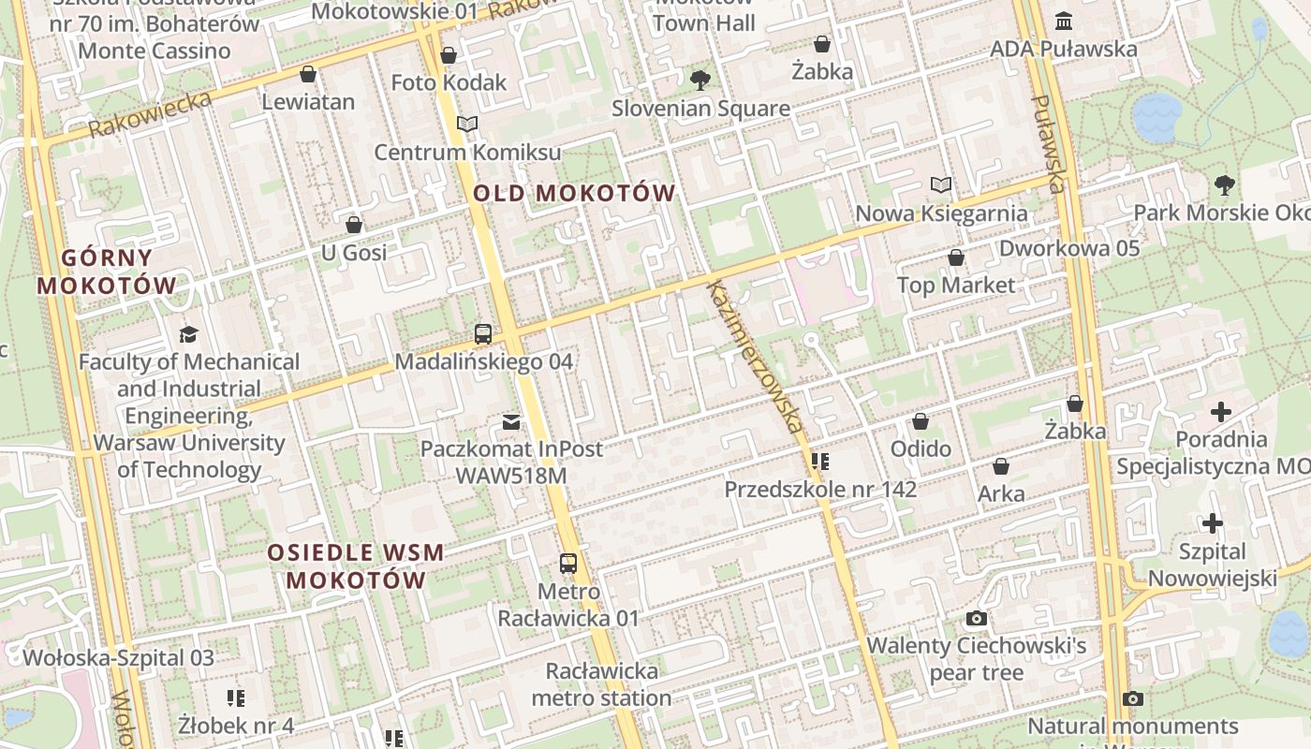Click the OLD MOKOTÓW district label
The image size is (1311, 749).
click(x=574, y=194)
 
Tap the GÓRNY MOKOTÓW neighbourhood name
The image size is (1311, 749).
click(x=107, y=272)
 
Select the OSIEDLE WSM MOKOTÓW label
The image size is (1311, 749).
click(x=356, y=566)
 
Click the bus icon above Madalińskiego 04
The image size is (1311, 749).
click(x=483, y=334)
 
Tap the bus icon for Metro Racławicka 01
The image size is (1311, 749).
click(x=568, y=564)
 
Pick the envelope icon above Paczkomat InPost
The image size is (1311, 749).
click(x=511, y=422)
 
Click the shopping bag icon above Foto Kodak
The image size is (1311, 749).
click(x=449, y=55)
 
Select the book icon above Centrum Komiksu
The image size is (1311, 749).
click(x=467, y=125)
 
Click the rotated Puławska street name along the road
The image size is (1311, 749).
click(x=1050, y=143)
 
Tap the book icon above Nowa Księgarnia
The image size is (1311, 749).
click(x=941, y=185)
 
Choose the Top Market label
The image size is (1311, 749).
click(x=955, y=285)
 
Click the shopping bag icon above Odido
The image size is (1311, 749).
click(x=921, y=422)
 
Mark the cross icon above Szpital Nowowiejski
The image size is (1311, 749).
click(x=1213, y=523)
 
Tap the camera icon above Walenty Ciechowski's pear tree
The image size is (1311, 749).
click(x=977, y=619)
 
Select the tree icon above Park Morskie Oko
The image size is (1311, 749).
click(x=1224, y=185)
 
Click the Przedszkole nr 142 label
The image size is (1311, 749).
click(x=820, y=489)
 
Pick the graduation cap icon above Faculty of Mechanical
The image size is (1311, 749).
click(x=189, y=334)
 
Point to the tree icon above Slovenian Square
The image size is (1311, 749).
click(x=700, y=81)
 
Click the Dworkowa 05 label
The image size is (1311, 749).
click(x=1069, y=248)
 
